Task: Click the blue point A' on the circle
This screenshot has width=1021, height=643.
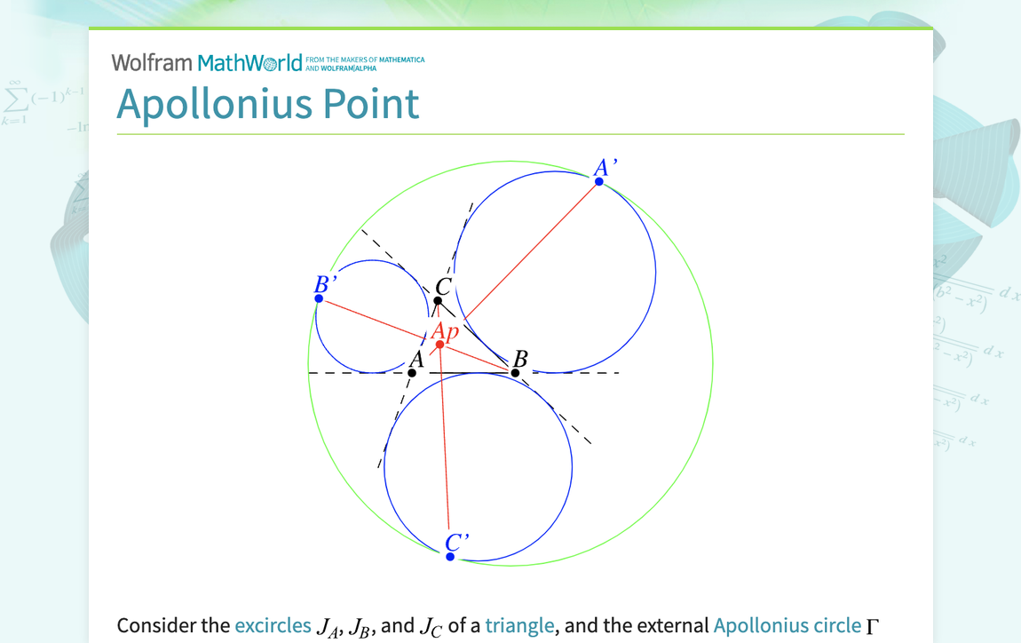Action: coord(599,181)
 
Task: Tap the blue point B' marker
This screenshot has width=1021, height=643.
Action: coord(319,298)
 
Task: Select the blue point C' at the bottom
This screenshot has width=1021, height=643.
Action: coord(450,557)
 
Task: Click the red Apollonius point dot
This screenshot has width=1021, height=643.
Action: coord(439,345)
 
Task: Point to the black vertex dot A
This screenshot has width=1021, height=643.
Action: coord(412,373)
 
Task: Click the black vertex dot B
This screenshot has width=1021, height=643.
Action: coord(515,373)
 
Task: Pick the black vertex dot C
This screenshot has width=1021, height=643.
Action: coord(438,301)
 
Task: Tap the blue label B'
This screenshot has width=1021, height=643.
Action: coord(325,284)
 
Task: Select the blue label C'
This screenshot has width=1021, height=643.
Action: coord(456,542)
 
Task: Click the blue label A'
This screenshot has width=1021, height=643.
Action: coord(605,167)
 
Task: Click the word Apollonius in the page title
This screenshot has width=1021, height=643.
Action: coord(214,104)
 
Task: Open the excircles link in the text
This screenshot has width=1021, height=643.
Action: coord(273,625)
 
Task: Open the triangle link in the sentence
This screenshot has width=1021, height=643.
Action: coord(520,625)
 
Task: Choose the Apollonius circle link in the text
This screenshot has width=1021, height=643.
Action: coord(786,625)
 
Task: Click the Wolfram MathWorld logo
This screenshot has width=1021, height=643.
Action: coord(207,62)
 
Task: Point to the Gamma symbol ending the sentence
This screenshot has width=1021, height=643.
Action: coord(872,626)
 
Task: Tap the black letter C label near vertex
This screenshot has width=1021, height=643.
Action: coord(444,287)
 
